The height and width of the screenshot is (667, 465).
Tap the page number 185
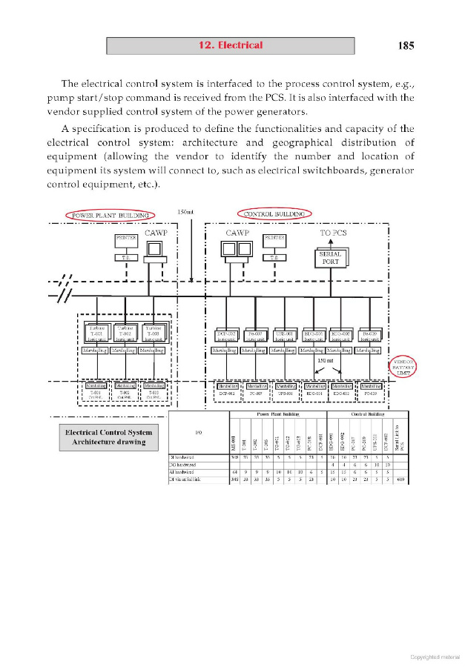(405, 45)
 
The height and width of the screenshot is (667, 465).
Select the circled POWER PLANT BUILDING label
(110, 215)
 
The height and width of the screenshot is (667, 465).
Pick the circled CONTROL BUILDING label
(274, 214)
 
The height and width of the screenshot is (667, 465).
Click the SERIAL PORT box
(330, 258)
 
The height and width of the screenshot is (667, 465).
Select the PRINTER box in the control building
(274, 239)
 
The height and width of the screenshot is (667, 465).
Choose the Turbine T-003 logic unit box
(153, 333)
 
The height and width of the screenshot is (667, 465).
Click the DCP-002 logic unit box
(225, 335)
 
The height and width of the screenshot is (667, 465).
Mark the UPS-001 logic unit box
(283, 335)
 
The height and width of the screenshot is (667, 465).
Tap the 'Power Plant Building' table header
(272, 415)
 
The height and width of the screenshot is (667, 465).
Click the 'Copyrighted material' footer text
(435, 656)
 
